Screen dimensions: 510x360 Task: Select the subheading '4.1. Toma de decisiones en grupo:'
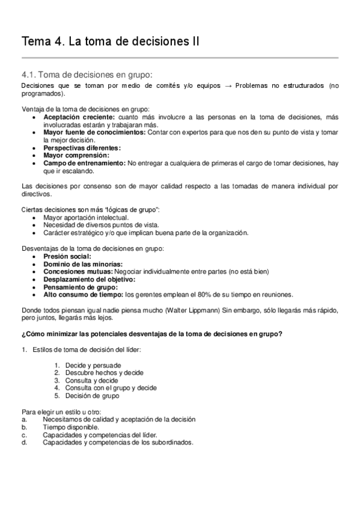coord(87,75)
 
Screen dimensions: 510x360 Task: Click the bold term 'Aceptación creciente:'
coord(80,117)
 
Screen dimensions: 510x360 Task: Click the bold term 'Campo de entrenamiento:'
coord(84,163)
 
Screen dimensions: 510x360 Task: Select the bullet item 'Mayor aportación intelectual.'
coord(86,217)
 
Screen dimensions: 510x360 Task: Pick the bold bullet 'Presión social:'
coord(67,256)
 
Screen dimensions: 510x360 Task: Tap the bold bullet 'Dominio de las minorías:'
coord(83,264)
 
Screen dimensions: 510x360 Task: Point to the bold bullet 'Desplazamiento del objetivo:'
coord(90,280)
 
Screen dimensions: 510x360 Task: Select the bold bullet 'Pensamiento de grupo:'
coord(81,287)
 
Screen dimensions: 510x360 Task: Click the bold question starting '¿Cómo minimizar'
coord(152,334)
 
